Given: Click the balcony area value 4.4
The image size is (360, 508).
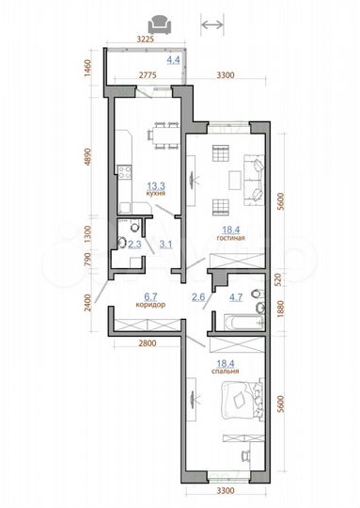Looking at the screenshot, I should tap(173, 59).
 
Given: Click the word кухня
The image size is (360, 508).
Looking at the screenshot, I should tap(156, 193).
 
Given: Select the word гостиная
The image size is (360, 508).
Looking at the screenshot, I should tap(230, 239).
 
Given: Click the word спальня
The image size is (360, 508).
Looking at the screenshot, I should tap(226, 371).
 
